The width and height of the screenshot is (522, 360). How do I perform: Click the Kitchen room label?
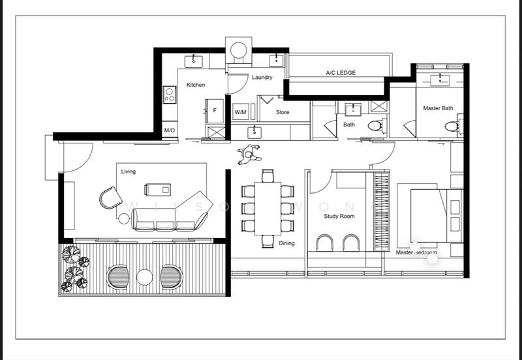[196, 85]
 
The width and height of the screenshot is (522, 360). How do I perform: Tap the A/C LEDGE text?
[341, 73]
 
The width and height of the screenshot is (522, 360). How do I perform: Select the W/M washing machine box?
[241, 112]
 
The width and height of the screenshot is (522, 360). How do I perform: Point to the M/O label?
[170, 130]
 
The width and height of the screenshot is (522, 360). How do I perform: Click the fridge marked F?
[215, 111]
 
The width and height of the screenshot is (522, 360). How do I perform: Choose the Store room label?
[283, 112]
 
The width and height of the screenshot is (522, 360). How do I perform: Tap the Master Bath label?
[438, 108]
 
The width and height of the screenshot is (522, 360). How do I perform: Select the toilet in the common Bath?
[375, 126]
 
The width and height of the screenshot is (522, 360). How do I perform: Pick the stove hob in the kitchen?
[170, 95]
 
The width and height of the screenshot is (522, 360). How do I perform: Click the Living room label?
[129, 172]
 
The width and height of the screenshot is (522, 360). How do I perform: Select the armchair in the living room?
[110, 197]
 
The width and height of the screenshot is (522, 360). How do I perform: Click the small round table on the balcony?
[144, 278]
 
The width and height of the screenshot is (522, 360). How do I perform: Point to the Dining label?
[286, 243]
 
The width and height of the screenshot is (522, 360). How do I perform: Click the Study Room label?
[339, 216]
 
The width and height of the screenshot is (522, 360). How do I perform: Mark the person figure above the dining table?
[249, 154]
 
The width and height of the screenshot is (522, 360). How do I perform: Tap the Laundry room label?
[262, 78]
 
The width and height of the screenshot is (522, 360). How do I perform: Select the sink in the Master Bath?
[443, 80]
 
